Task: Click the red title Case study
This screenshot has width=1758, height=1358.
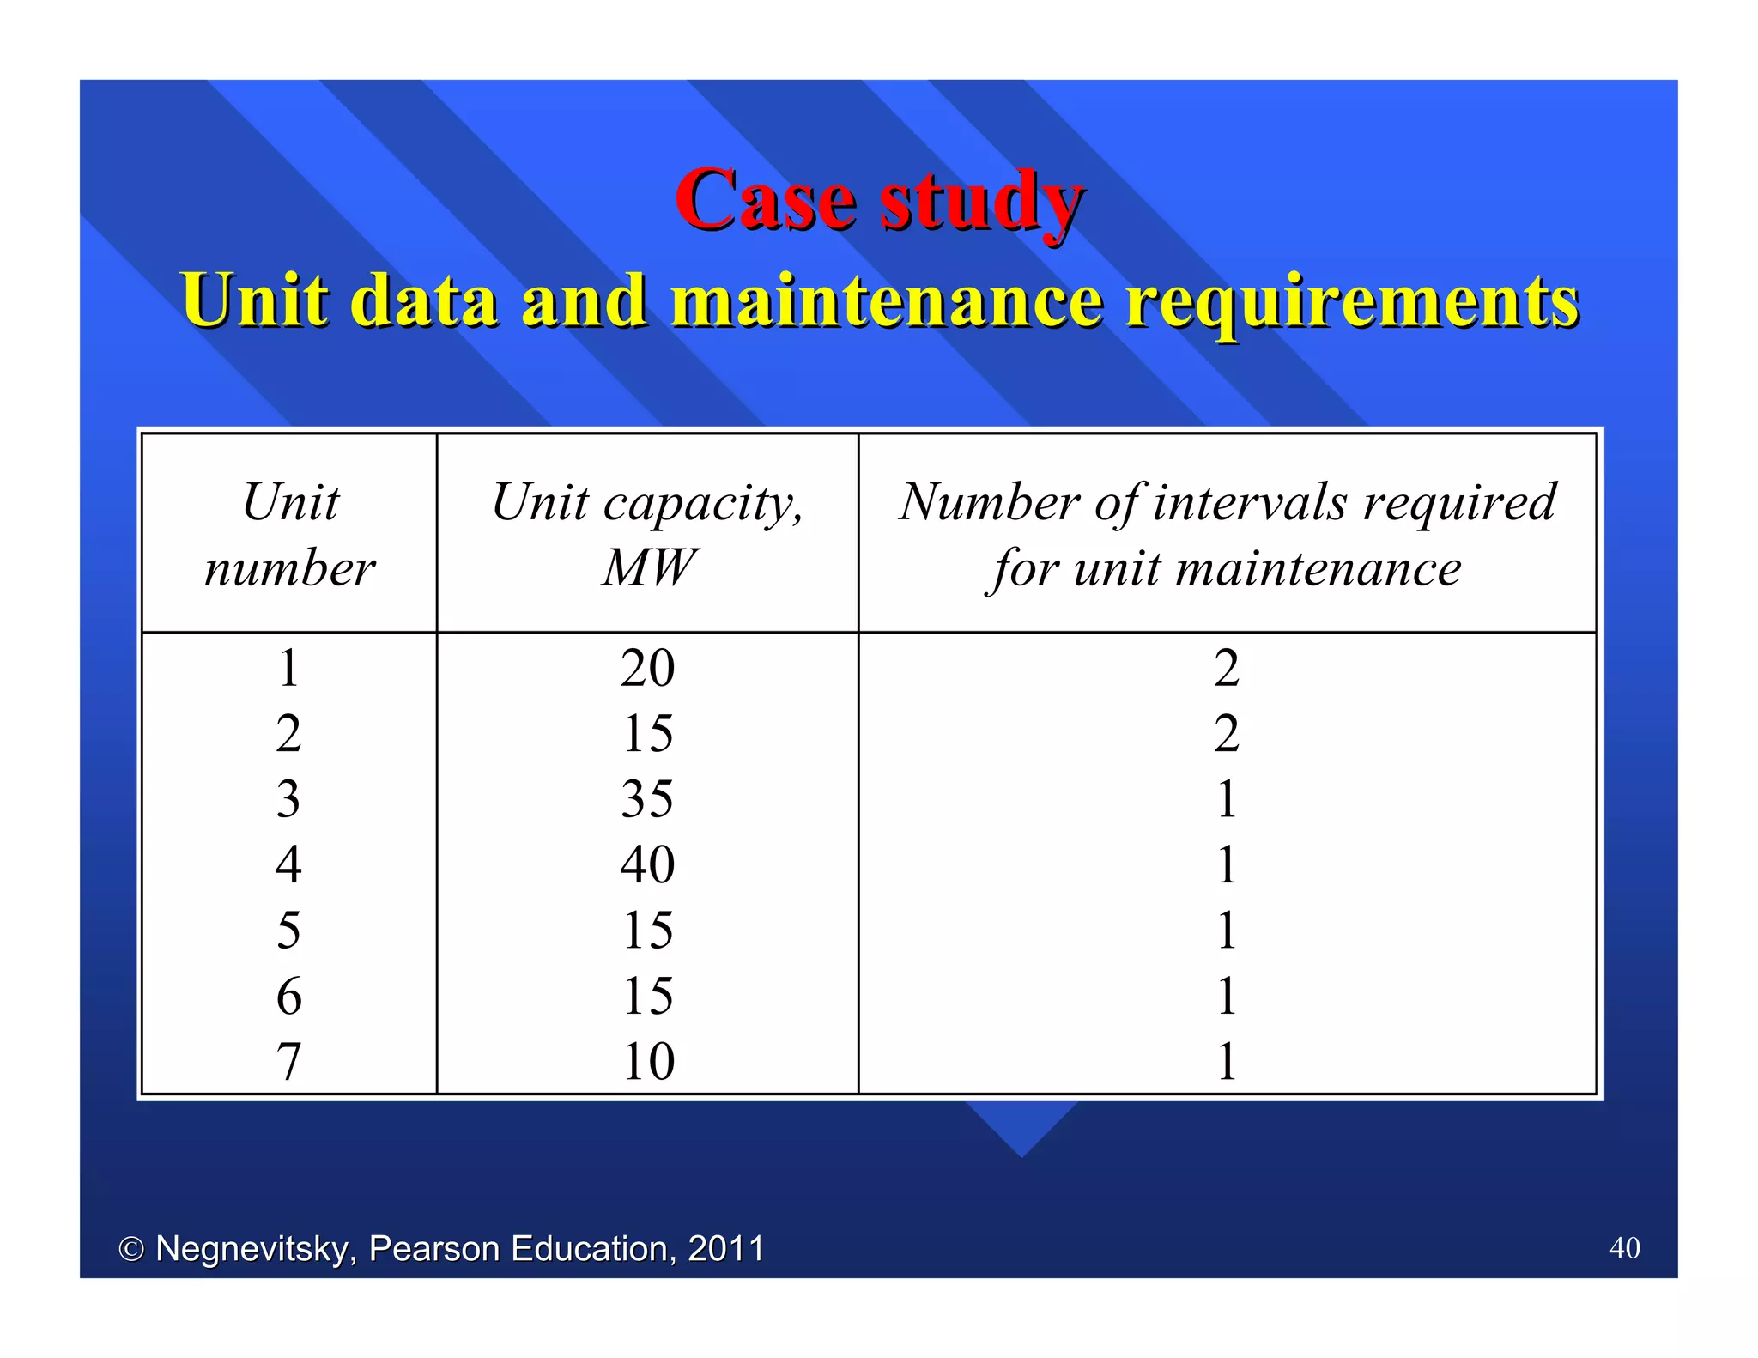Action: (879, 200)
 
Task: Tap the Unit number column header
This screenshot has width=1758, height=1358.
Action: (290, 534)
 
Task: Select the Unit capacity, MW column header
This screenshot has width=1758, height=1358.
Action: (647, 534)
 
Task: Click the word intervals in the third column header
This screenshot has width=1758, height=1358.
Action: (1250, 501)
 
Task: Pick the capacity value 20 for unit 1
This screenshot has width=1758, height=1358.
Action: (647, 668)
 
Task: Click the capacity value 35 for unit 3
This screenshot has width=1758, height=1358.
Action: (647, 799)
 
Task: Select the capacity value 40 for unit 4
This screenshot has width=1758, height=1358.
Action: (647, 864)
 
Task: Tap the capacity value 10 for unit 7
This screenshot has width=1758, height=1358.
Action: (647, 1061)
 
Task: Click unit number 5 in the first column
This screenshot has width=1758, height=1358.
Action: (289, 931)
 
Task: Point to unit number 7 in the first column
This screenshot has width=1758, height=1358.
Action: (289, 1061)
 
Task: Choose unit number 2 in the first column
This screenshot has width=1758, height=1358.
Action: (289, 734)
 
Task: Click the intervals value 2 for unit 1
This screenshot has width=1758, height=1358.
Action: (1227, 668)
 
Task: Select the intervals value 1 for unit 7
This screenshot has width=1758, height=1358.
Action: (1227, 1061)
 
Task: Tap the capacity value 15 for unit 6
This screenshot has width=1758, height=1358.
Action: (647, 996)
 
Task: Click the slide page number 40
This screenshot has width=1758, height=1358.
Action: (1624, 1247)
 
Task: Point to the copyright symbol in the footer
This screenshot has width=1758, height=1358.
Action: (131, 1250)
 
